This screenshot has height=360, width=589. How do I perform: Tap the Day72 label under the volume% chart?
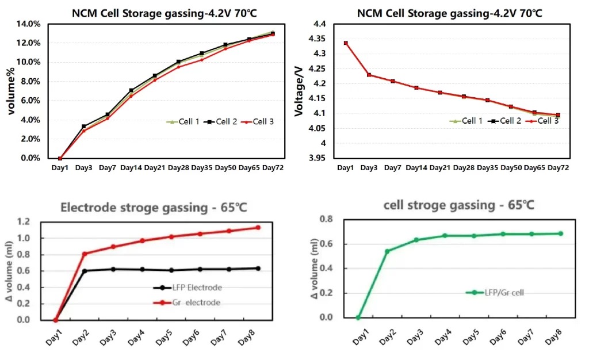pos(273,167)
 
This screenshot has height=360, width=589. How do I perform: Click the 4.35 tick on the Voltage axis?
pos(318,39)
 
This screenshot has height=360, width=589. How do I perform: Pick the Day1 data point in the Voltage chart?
pos(346,43)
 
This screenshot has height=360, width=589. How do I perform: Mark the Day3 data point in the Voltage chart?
pos(369,75)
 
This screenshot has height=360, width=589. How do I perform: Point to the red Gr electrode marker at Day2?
pos(85,254)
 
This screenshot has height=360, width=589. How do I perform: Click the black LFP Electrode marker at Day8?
pos(258,268)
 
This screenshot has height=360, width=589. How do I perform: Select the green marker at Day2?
pos(387,251)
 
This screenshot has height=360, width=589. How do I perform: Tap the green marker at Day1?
pos(358,317)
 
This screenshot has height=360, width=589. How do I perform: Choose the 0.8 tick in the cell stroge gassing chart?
pos(326,219)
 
